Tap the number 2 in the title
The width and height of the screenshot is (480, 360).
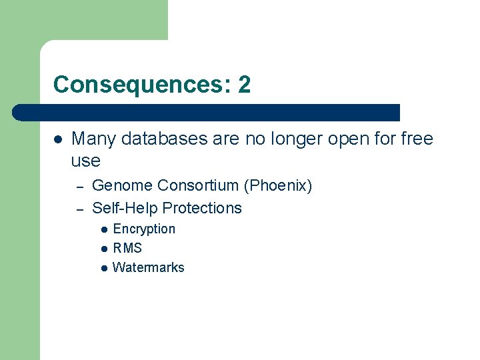pos(244,85)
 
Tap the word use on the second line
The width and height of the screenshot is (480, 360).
pos(85,161)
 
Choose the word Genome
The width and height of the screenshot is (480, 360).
pos(122,185)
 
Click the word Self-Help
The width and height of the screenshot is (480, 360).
pos(125,208)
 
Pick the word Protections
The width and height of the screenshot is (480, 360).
pos(202,208)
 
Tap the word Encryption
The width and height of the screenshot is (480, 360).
pos(144,229)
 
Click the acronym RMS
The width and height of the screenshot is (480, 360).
pos(127,249)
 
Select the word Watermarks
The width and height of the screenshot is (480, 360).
pos(149,268)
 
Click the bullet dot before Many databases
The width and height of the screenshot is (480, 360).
pos(58,139)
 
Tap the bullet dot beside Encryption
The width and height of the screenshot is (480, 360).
pos(104,229)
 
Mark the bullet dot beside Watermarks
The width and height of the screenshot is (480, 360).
pos(104,268)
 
